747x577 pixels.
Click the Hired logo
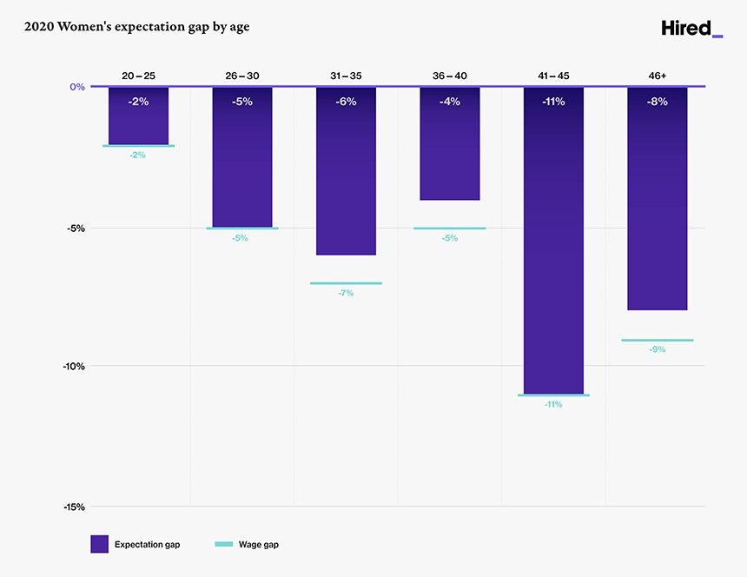point(691,28)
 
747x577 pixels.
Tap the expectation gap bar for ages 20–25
point(138,122)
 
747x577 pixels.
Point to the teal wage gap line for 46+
point(657,340)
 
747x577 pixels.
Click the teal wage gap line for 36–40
point(449,229)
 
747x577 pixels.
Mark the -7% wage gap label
point(346,294)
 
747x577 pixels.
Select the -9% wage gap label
point(657,349)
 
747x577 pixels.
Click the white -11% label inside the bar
point(553,102)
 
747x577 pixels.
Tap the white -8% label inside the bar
point(657,102)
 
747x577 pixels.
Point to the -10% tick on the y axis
point(73,366)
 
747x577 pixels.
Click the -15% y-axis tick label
point(73,507)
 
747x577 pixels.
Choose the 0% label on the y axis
point(77,87)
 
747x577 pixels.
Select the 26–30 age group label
point(242,76)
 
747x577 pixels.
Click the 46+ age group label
point(657,76)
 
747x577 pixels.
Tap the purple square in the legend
point(99,544)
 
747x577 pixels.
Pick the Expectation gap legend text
point(148,545)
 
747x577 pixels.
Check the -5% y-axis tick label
point(76,229)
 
